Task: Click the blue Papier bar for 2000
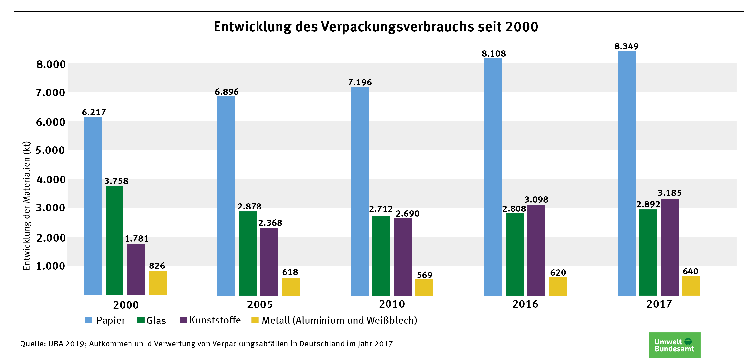coord(93,206)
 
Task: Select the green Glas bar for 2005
coord(248,253)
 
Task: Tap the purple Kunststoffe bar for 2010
coord(403,256)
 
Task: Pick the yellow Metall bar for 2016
coord(558,286)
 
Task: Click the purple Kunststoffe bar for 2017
coord(669,247)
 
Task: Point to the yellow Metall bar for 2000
coord(157,283)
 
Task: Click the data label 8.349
coord(626,46)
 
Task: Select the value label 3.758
coord(116,181)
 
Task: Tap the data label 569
coord(425,275)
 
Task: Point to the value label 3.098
coord(536,200)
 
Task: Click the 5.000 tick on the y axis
coord(50,151)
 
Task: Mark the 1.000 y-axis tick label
coord(50,266)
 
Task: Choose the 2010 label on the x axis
coord(392,304)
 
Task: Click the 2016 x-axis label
coord(525,304)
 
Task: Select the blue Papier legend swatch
coord(88,320)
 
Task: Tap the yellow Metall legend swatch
coord(255,320)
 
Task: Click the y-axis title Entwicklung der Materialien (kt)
coord(26,206)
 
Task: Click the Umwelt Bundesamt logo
coord(674,345)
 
